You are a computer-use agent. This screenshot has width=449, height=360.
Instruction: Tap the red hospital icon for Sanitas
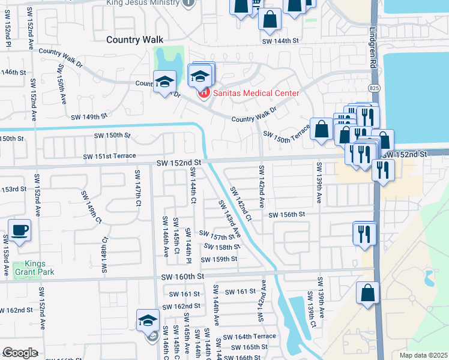pyautogui.click(x=204, y=93)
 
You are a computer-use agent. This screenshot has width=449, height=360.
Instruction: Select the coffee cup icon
pyautogui.click(x=20, y=230)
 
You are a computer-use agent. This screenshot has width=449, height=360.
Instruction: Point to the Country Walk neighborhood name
pyautogui.click(x=134, y=40)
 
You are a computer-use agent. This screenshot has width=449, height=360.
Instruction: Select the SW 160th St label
pyautogui.click(x=183, y=277)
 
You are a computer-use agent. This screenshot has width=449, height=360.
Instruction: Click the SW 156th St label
pyautogui.click(x=287, y=215)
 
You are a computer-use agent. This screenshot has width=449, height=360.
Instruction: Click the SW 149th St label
pyautogui.click(x=89, y=117)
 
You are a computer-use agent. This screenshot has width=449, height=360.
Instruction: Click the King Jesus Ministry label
pyautogui.click(x=143, y=3)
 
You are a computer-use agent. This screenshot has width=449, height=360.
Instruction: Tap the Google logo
pyautogui.click(x=20, y=353)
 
